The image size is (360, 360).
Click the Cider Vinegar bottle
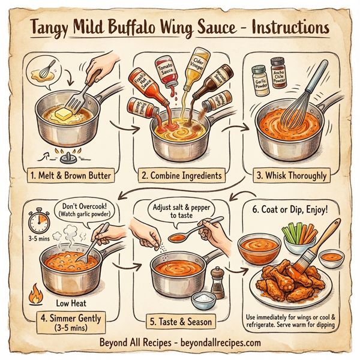coord(193,76)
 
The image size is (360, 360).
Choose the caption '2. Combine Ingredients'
coord(182,176)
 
